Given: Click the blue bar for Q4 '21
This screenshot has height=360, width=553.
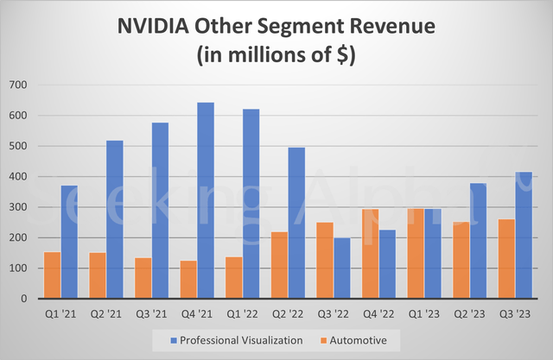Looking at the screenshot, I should (x=206, y=200).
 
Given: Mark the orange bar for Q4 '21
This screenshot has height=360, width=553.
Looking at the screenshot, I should (x=188, y=280).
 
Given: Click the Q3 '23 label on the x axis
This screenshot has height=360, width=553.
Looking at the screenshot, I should (x=514, y=313).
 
